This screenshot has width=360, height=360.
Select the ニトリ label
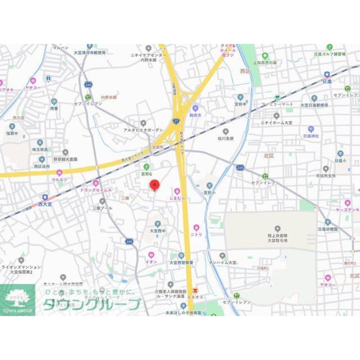[196, 234]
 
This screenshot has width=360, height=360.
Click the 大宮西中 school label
[158, 231]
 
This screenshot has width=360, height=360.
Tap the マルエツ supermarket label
[59, 179]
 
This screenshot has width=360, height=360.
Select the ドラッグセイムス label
[96, 189]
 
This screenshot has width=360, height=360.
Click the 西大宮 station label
[45, 203]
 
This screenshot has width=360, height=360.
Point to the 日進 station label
[327, 81]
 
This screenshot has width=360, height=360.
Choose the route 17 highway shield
[176, 122]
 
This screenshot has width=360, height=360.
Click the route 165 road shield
[129, 241]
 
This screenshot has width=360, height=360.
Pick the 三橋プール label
[103, 208]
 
